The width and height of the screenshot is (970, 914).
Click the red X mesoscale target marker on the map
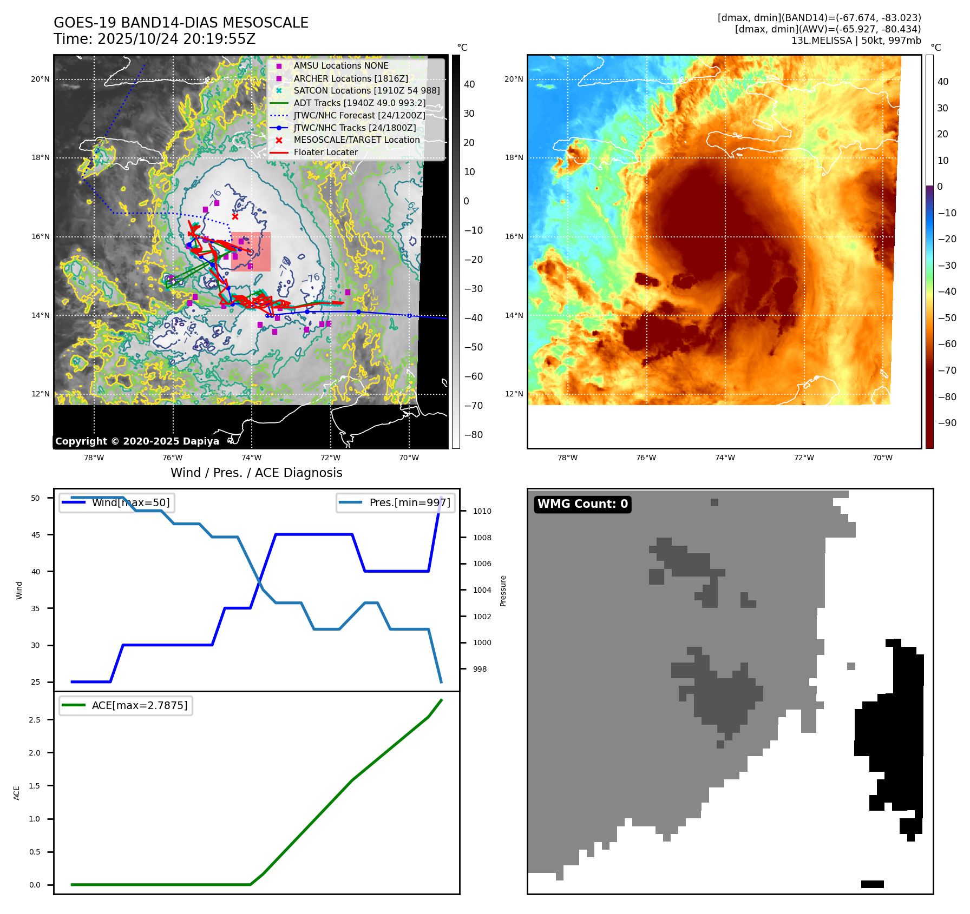[235, 216]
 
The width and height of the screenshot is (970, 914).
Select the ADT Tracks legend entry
[359, 103]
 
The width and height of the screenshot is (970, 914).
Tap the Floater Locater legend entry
[325, 153]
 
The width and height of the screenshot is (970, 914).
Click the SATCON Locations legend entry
[366, 90]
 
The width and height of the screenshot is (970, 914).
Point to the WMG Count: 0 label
[582, 504]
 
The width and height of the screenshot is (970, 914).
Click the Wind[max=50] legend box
[117, 502]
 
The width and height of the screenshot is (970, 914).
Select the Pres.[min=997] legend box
[395, 502]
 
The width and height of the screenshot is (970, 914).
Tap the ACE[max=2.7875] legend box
[126, 705]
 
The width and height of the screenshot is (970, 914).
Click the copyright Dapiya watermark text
[137, 441]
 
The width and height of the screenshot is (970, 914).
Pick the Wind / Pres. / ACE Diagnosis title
[257, 473]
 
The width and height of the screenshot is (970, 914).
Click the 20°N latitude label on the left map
[40, 80]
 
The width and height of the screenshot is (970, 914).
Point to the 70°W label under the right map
[882, 458]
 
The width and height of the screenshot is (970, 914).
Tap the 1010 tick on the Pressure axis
[482, 511]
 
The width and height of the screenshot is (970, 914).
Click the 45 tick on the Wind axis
[36, 535]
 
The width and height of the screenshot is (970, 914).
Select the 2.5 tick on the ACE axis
[35, 720]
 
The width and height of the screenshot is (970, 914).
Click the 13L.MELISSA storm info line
[856, 41]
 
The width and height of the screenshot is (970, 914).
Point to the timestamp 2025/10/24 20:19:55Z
[176, 39]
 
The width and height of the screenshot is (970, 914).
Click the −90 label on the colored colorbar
[947, 423]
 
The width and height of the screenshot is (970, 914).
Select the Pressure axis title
[503, 591]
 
